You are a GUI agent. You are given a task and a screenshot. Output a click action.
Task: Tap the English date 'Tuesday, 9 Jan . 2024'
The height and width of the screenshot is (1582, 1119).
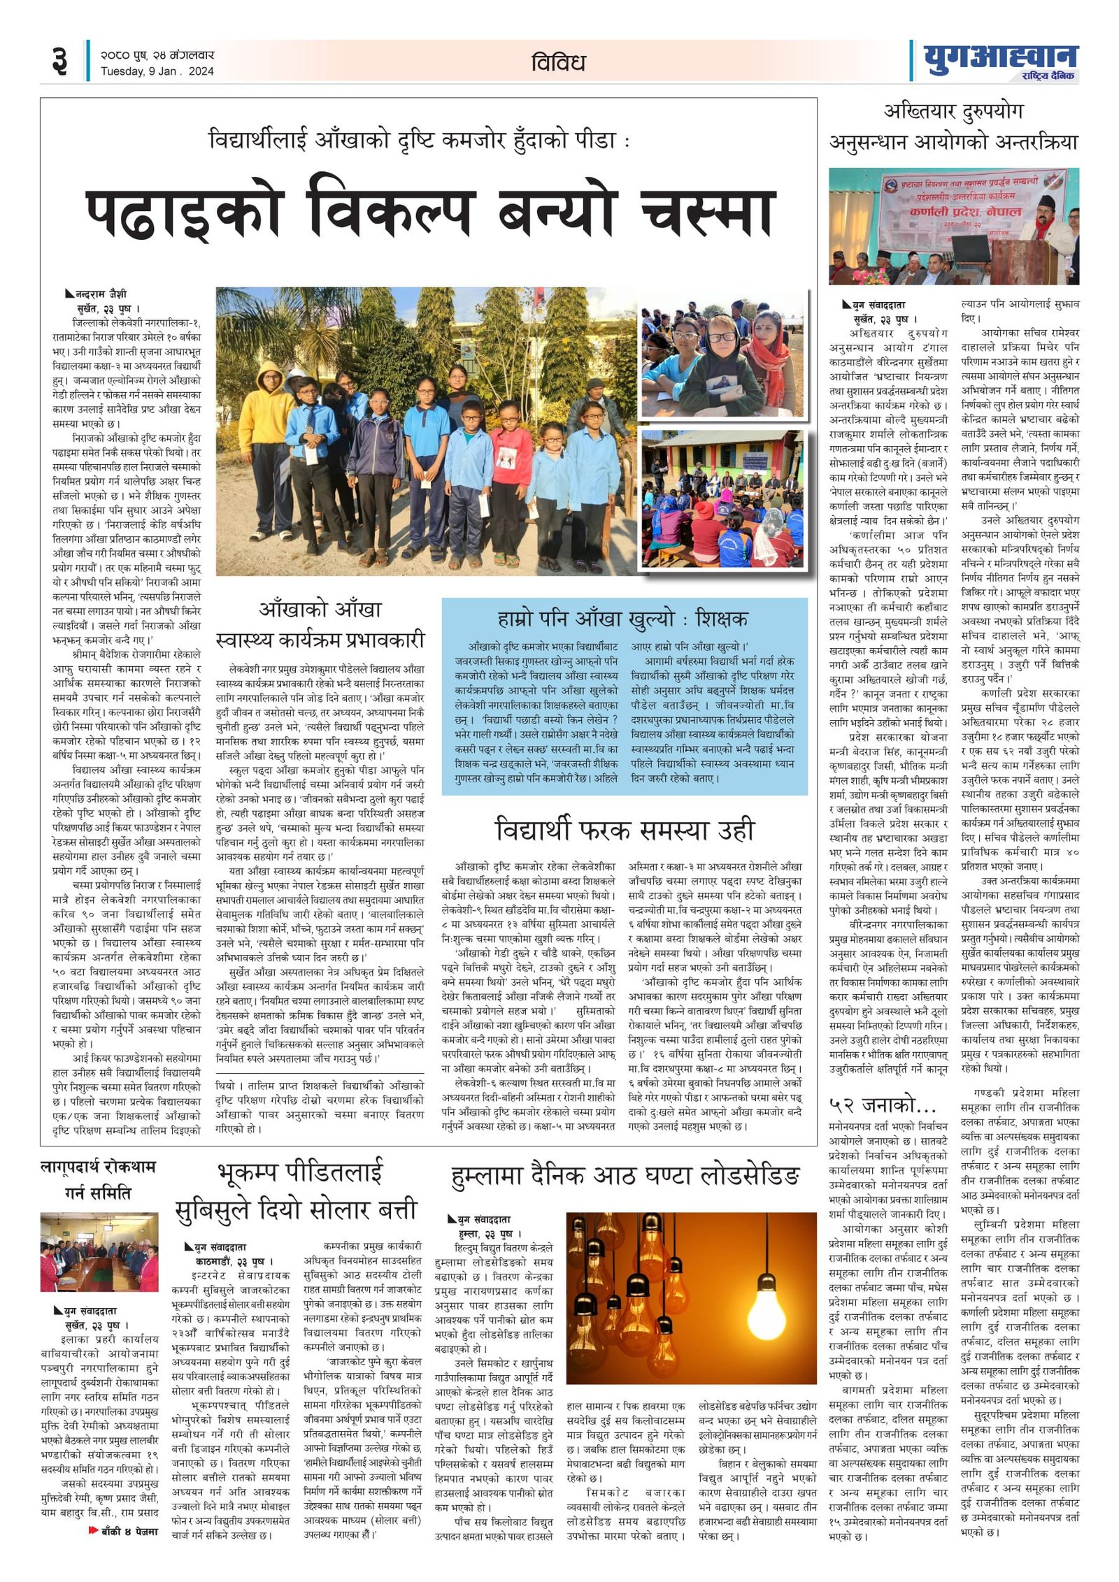[157, 71]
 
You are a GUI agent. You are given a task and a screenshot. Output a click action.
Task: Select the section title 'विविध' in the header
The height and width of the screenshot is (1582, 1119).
[557, 63]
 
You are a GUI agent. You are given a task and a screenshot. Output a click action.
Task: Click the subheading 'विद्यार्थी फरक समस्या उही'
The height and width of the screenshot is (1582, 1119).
[625, 830]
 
